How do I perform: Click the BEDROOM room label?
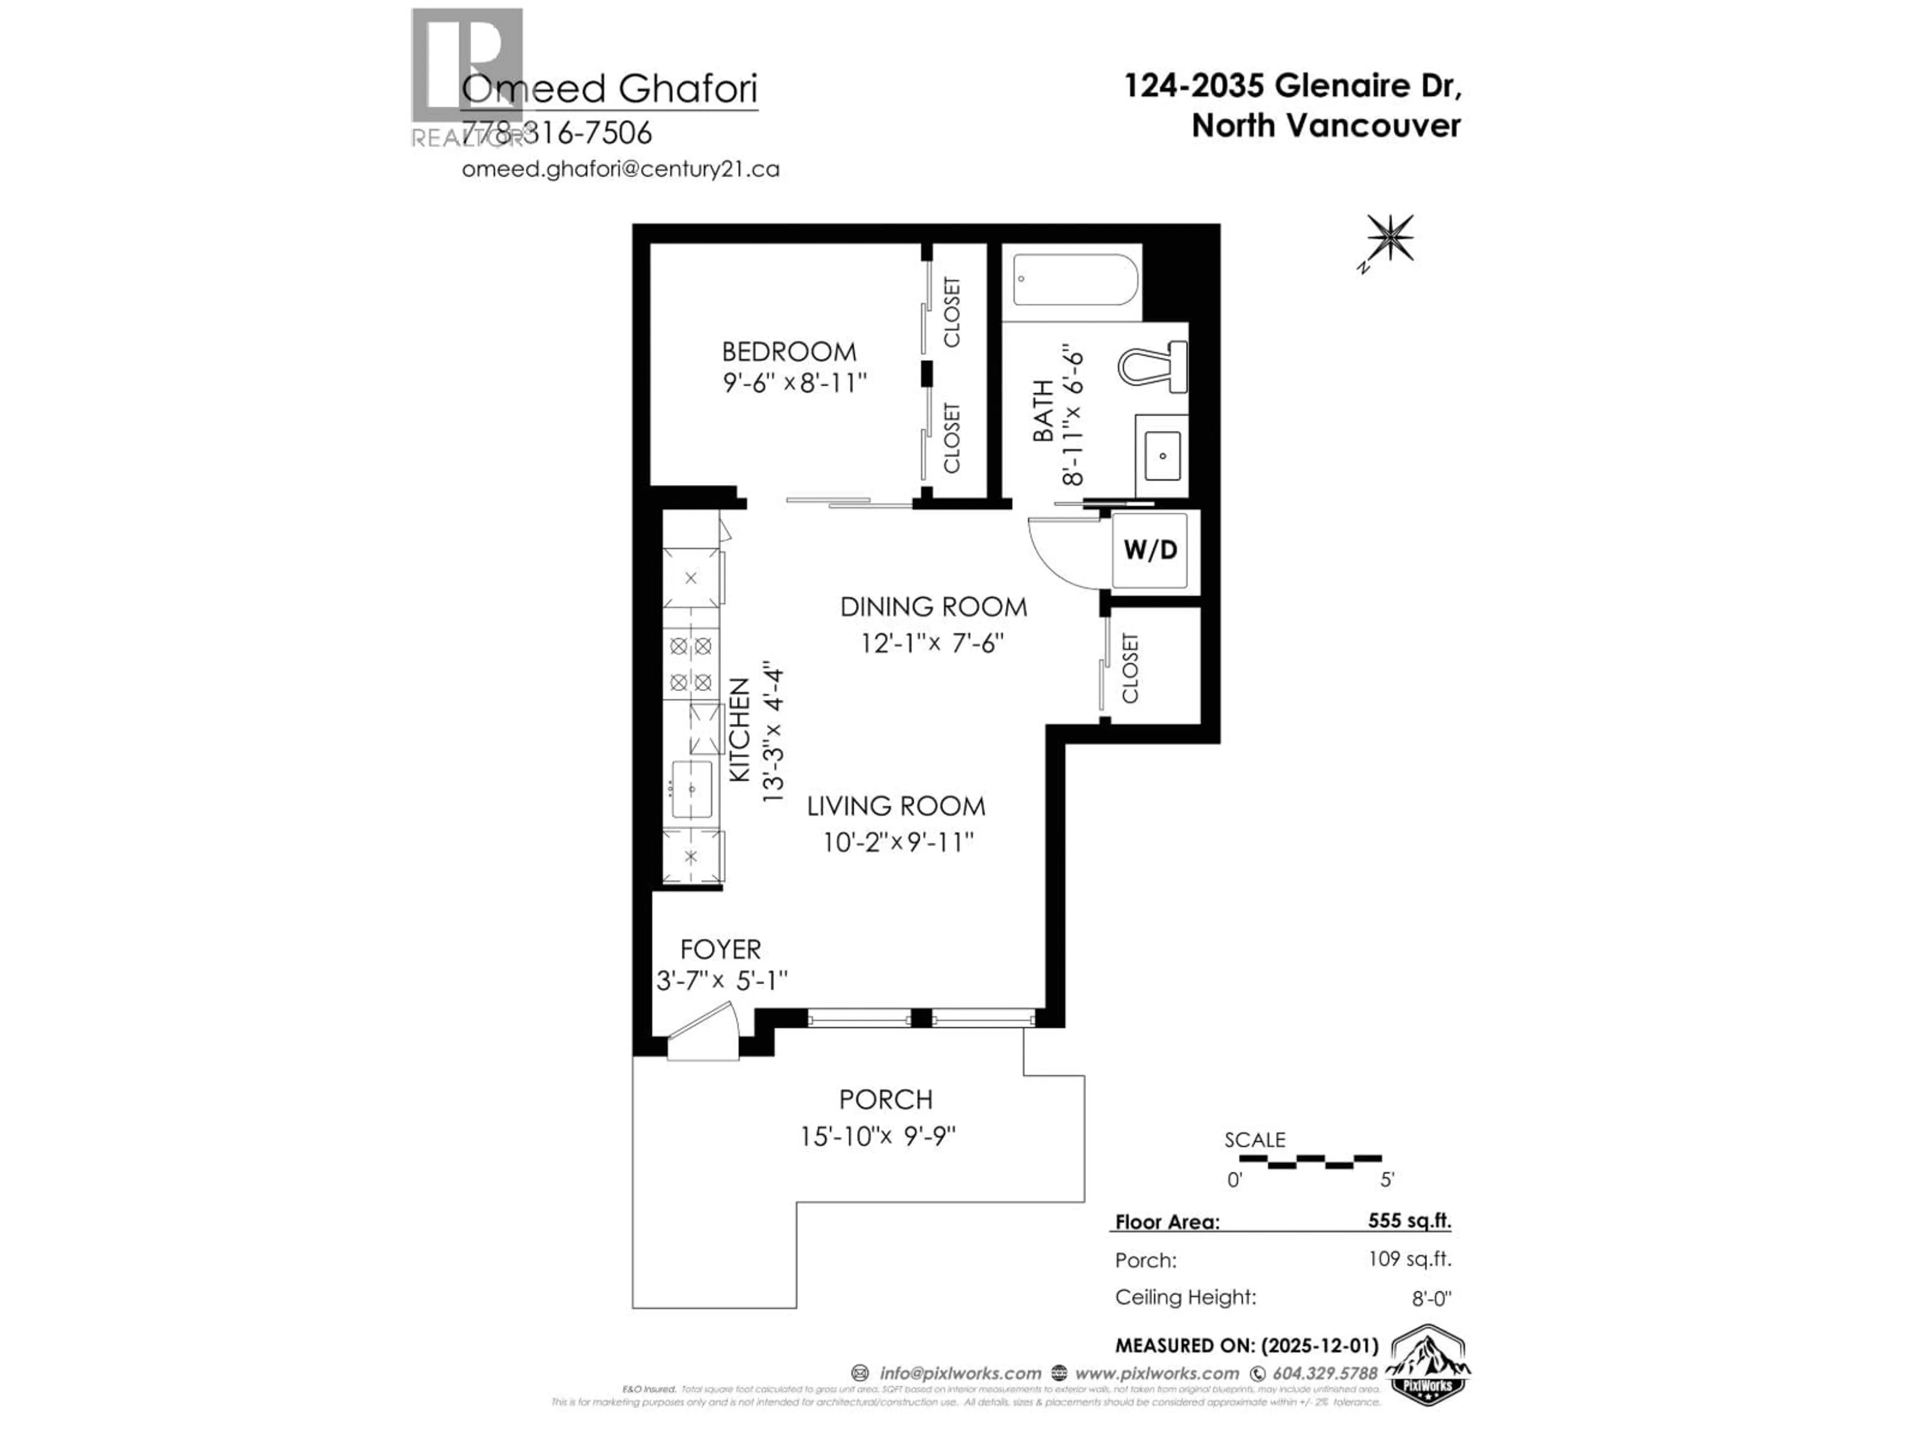788,352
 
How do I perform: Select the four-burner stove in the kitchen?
691,663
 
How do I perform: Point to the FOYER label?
720,949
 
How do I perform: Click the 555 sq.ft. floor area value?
1409,1220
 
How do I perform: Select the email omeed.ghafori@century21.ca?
620,170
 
